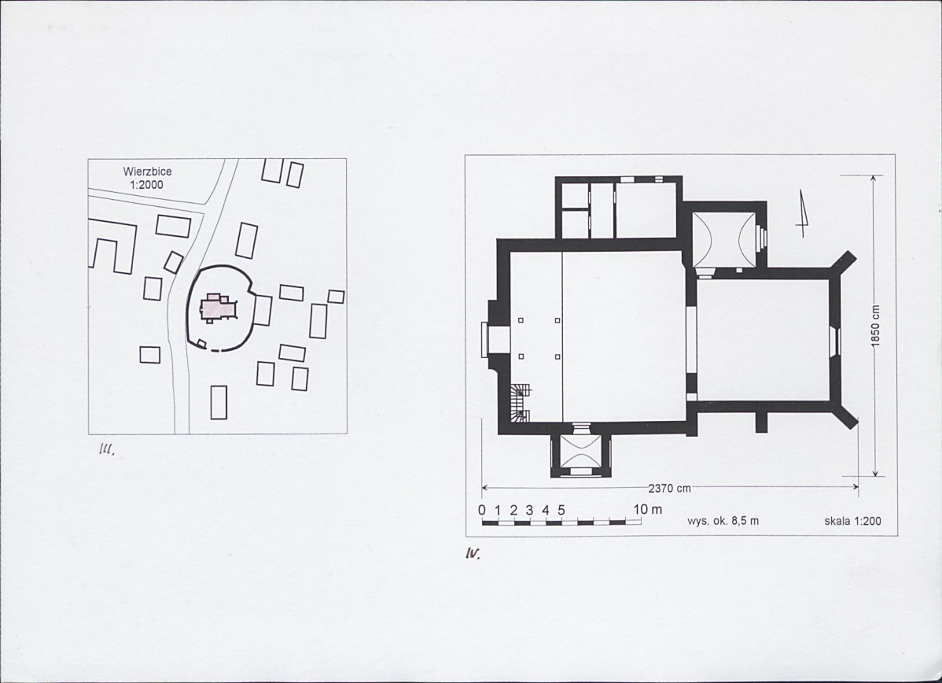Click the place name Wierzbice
tap(146, 172)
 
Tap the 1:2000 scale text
tap(146, 185)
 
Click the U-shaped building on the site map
tap(112, 246)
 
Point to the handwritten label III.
tap(106, 449)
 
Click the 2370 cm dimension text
tap(669, 488)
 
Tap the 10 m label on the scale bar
tap(648, 509)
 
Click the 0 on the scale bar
tap(482, 510)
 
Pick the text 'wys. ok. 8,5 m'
tap(723, 521)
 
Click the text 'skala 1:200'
tap(853, 521)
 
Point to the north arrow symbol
tap(802, 213)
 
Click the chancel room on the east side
tap(763, 340)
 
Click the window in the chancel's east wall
tap(833, 341)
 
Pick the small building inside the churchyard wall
tap(202, 343)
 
